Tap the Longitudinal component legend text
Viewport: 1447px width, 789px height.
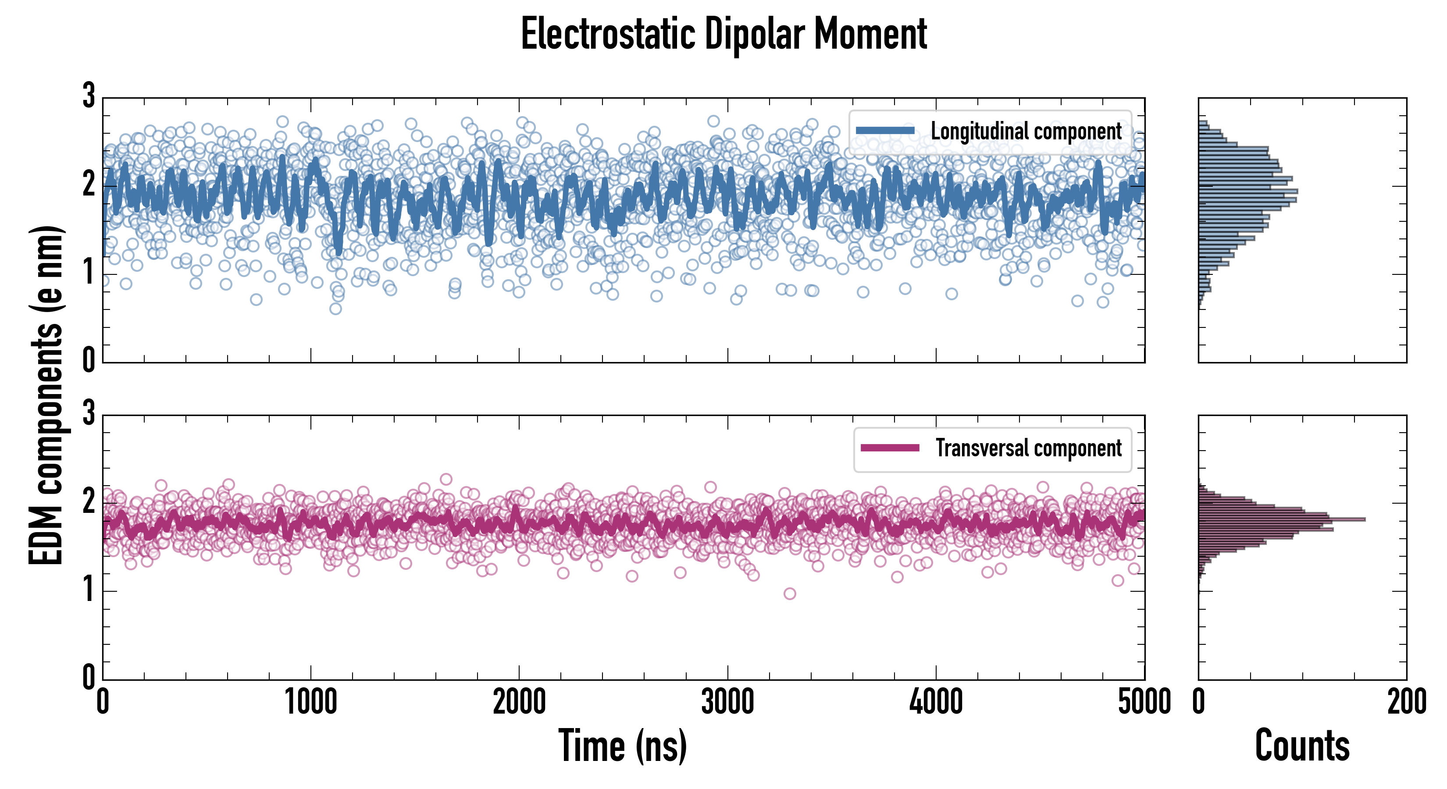(x=1026, y=131)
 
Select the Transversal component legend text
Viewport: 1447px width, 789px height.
(x=1028, y=448)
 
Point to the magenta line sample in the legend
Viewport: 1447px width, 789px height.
(x=890, y=448)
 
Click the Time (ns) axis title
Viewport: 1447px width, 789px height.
(x=622, y=746)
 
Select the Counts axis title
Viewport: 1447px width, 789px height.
(x=1302, y=746)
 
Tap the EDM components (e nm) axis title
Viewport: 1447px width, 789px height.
(x=46, y=395)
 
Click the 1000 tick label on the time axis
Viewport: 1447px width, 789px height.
(x=310, y=702)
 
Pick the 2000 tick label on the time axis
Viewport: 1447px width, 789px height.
(x=519, y=702)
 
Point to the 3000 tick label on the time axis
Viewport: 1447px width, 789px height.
(x=727, y=702)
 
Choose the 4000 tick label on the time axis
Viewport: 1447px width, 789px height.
(x=936, y=702)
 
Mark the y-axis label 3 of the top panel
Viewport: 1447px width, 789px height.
(x=89, y=96)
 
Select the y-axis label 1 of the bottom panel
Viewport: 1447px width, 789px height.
(x=89, y=590)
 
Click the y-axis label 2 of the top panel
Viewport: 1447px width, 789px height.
(x=89, y=184)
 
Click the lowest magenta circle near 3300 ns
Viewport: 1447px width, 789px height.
(x=789, y=594)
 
